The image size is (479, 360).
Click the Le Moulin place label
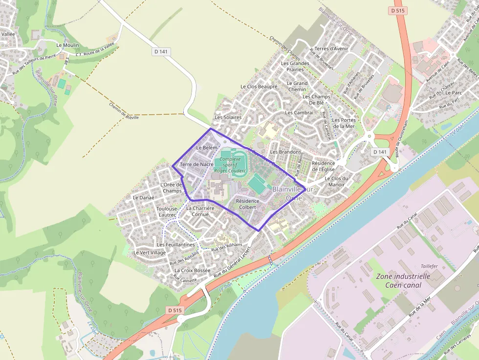click(67, 45)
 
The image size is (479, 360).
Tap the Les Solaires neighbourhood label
click(228, 118)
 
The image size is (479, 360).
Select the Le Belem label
click(206, 148)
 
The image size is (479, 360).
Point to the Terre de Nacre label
click(196, 165)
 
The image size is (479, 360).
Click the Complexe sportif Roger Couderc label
click(230, 165)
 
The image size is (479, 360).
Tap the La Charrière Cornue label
click(200, 211)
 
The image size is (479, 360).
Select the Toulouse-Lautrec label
click(167, 212)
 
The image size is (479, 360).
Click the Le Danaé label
click(143, 197)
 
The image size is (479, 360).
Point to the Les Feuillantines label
click(175, 244)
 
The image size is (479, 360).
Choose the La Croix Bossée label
click(192, 270)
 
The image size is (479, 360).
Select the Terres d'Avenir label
click(331, 49)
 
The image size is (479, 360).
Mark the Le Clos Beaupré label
click(259, 86)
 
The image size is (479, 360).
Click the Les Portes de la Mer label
click(343, 123)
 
